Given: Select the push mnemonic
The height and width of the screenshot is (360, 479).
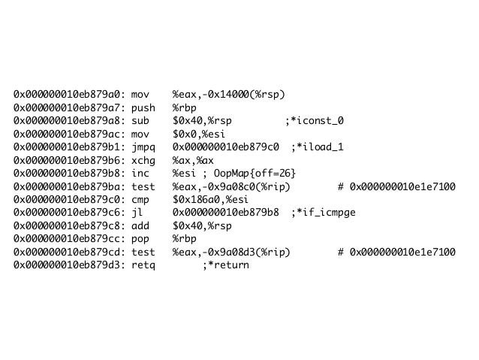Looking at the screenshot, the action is click(143, 107).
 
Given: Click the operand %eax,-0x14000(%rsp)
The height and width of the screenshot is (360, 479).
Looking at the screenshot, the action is click(229, 95).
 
